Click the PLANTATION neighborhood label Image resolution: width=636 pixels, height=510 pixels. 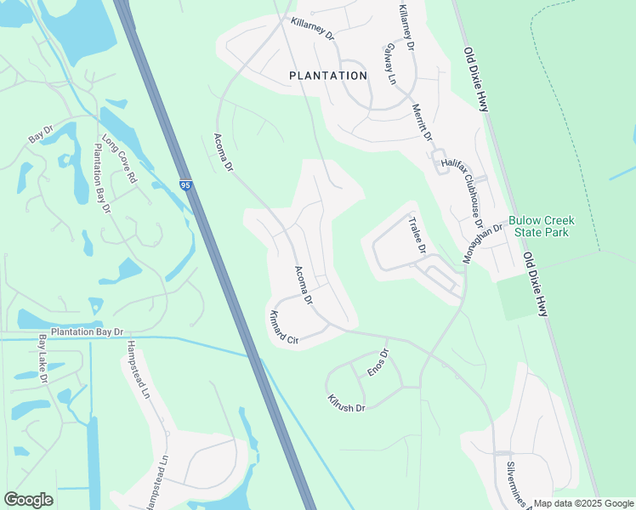click(328, 76)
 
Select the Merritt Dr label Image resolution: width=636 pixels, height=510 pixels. click(422, 122)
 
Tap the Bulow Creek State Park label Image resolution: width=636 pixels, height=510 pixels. click(542, 226)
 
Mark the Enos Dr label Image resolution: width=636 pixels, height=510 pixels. click(377, 364)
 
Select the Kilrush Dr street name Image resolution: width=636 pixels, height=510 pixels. click(345, 403)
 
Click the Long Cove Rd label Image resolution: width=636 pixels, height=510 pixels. click(119, 159)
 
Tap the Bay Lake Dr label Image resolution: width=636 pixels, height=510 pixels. click(42, 358)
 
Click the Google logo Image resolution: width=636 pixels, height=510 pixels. click(28, 499)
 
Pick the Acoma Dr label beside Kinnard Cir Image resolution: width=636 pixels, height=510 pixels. click(304, 286)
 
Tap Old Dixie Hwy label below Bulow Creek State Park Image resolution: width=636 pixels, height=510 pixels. click(535, 285)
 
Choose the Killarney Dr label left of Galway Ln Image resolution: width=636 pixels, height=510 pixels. click(312, 31)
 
